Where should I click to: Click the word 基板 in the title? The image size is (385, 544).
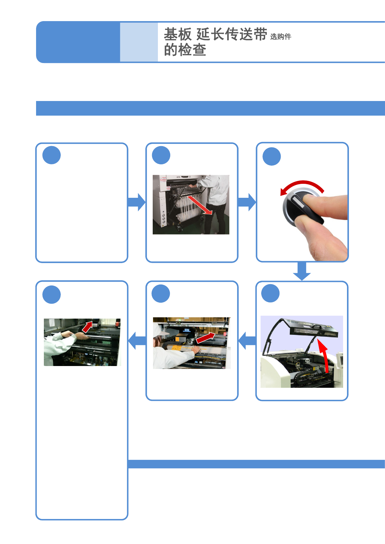click(x=178, y=34)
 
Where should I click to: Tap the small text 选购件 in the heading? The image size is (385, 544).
click(x=281, y=37)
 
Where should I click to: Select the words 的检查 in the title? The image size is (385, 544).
click(x=185, y=50)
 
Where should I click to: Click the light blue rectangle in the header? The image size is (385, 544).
click(x=139, y=42)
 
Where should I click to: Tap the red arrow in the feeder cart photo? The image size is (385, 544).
click(x=200, y=205)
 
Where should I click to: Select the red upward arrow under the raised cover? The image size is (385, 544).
click(x=324, y=356)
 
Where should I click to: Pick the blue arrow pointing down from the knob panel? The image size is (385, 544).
click(x=302, y=271)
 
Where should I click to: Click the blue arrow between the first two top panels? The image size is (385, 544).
click(x=136, y=202)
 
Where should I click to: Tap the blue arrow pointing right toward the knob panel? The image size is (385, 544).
click(x=247, y=202)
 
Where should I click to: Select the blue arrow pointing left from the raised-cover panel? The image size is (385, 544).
click(x=247, y=340)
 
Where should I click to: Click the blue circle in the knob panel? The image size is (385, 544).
click(x=272, y=157)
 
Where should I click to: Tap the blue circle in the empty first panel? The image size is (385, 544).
click(x=51, y=155)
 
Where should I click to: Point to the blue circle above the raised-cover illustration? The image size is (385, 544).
click(x=270, y=293)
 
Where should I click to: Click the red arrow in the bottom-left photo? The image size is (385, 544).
click(x=87, y=327)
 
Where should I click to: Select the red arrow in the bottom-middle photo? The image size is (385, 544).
click(x=205, y=338)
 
